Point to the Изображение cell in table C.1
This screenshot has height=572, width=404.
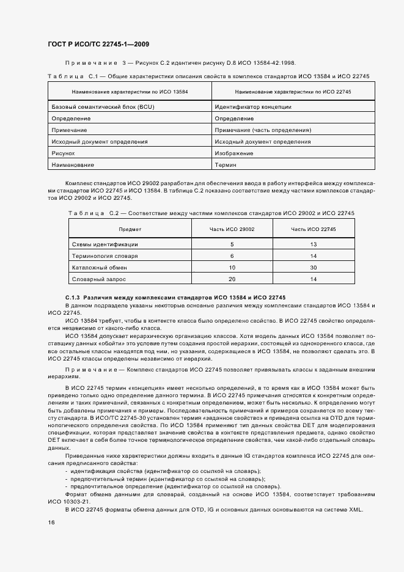[233, 153]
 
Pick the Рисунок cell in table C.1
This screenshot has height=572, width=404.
[64, 153]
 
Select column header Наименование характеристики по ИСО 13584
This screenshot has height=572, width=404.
[130, 92]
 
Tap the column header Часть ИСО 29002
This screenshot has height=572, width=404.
[232, 229]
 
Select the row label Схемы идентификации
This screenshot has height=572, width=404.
[100, 244]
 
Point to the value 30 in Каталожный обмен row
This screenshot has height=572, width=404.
[314, 267]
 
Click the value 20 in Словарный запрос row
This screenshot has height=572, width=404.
[232, 279]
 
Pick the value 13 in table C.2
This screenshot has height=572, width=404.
[314, 244]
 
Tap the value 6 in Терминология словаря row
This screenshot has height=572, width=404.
[232, 255]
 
